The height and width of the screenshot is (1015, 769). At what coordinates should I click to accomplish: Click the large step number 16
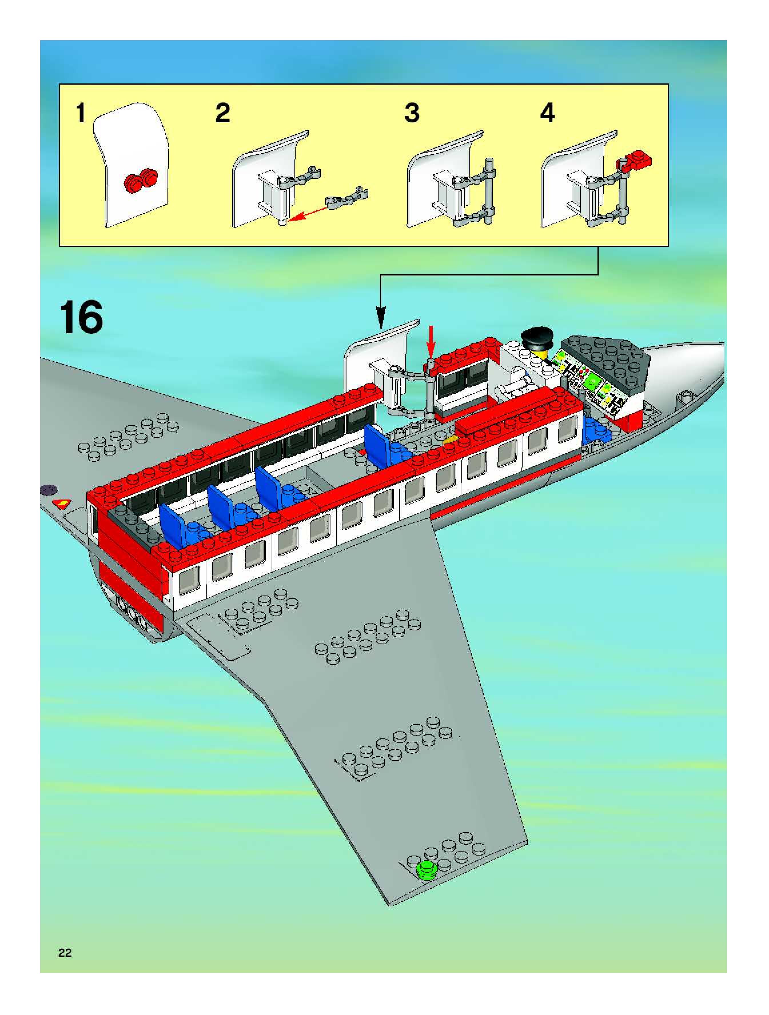click(x=81, y=317)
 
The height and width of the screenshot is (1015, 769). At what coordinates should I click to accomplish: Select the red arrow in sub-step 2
click(x=308, y=213)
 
